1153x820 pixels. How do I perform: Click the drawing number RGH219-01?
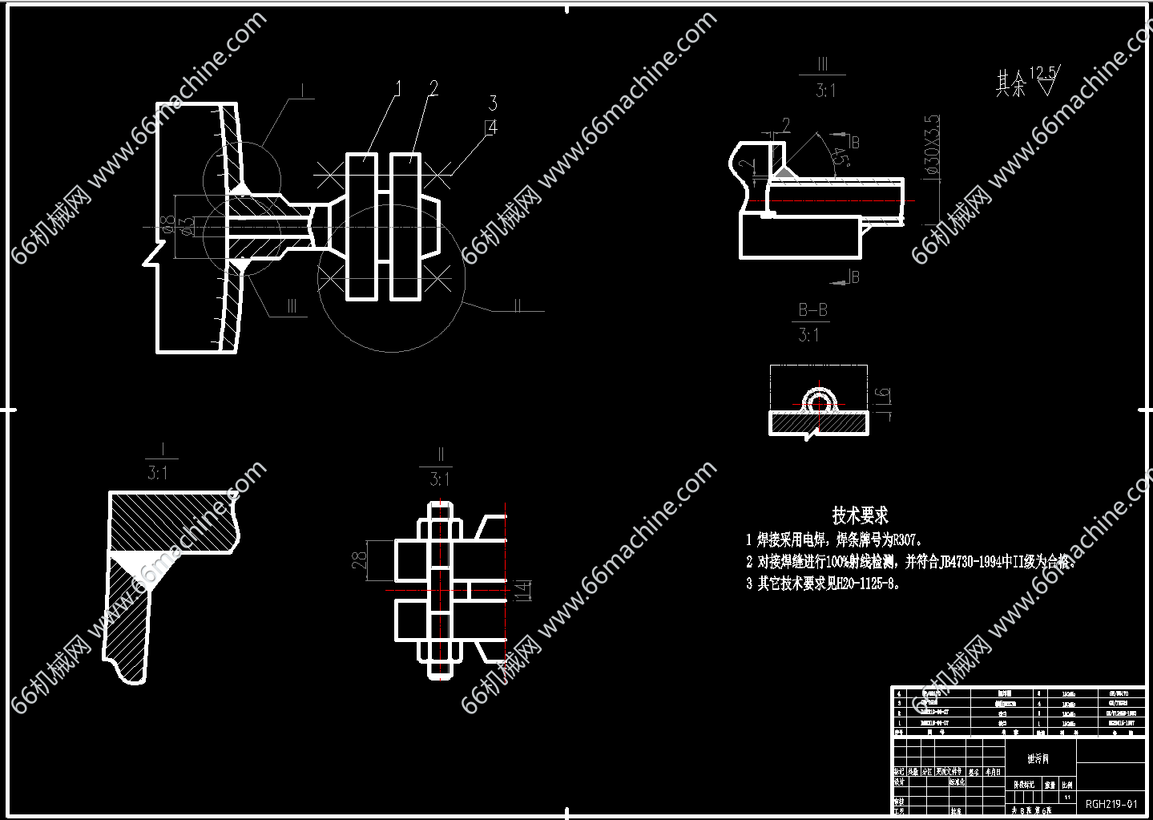(1111, 803)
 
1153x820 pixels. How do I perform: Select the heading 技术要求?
(860, 515)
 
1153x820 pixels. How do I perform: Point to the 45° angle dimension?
(841, 156)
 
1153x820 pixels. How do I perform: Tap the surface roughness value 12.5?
(1042, 73)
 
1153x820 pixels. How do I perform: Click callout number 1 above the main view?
(397, 88)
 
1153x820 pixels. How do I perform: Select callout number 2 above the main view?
(433, 88)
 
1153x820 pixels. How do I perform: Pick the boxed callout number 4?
(491, 127)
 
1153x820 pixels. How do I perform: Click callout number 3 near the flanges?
(493, 103)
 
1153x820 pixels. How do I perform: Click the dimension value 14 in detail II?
(522, 591)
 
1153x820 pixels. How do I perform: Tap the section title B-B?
(812, 309)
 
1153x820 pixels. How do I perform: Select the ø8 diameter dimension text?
(167, 224)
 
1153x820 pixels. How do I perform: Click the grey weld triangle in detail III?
(781, 172)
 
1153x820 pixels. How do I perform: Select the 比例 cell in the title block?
(1066, 785)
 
